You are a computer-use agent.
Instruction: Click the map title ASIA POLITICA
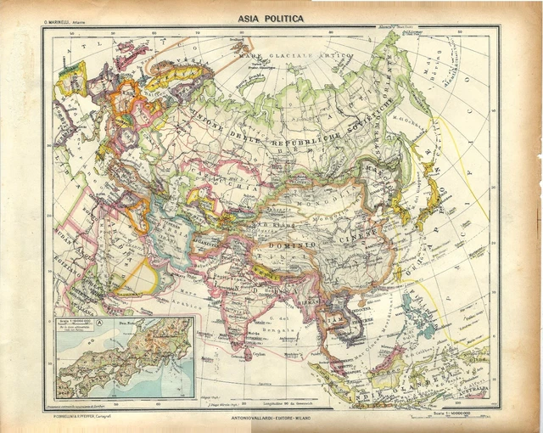point(271,17)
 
